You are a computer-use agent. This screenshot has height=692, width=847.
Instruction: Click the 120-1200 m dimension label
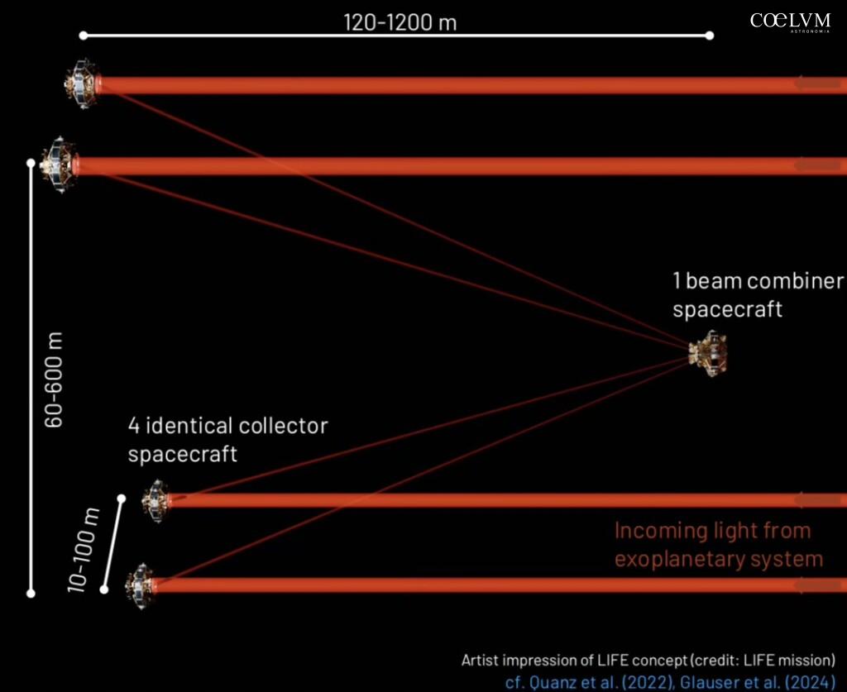coord(400,22)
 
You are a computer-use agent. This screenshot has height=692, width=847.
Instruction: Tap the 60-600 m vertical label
coord(54,380)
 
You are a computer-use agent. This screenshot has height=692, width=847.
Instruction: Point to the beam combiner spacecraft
coord(708,354)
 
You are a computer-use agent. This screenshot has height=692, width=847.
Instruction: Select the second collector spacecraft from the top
coord(60,164)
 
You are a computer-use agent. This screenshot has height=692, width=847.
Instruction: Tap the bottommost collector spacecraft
coord(140,585)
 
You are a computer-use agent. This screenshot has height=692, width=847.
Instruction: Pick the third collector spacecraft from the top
coord(156,500)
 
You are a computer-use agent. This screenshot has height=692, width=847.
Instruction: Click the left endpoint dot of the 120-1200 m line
coord(84,36)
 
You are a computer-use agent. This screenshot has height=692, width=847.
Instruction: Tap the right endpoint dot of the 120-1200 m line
coord(710,36)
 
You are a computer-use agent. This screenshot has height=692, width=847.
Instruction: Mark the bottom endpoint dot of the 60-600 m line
coord(31,594)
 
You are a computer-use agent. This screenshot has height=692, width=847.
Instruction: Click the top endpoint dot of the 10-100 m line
coord(122,499)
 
